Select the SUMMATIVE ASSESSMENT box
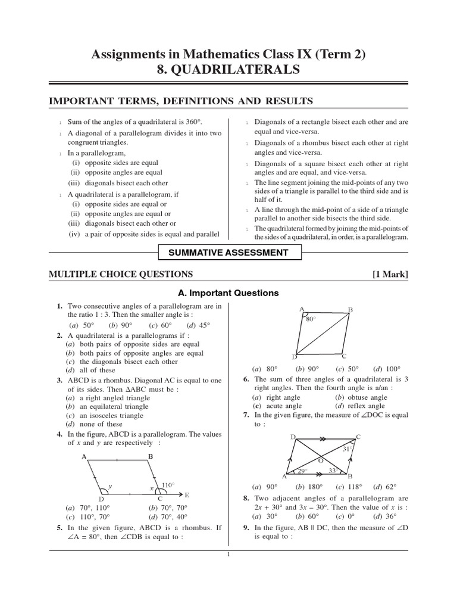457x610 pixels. click(x=228, y=253)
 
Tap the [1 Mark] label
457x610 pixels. click(x=390, y=274)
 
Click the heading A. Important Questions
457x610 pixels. click(x=228, y=293)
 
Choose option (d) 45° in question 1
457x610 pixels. click(x=198, y=325)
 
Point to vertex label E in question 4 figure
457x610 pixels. click(x=186, y=495)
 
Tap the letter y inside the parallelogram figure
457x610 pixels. click(x=110, y=486)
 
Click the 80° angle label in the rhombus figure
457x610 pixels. click(x=309, y=319)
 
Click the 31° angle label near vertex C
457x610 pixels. click(x=349, y=449)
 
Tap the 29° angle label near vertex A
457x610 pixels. click(x=302, y=471)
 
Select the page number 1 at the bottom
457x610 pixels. click(x=228, y=555)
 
